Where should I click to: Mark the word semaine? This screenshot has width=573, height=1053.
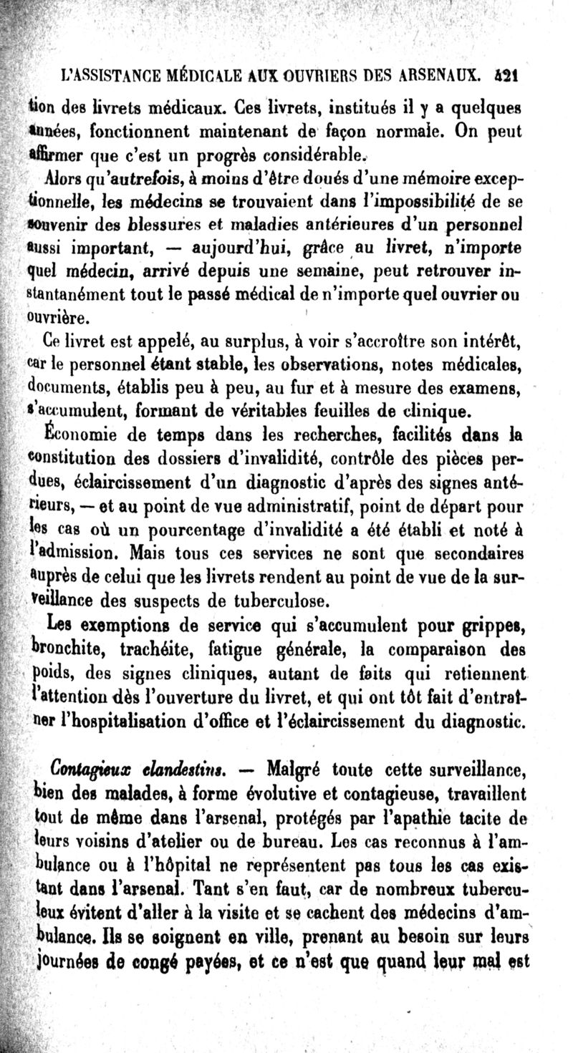(x=321, y=272)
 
